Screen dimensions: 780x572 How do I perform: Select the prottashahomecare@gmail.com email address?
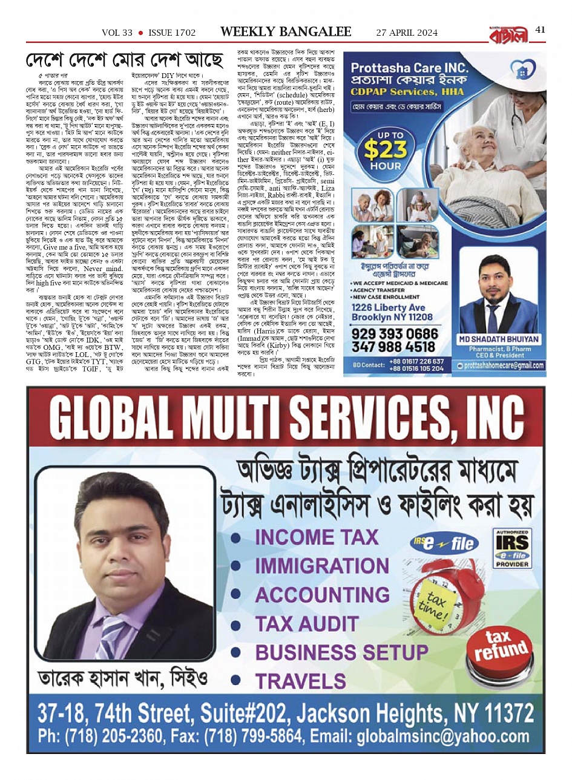504,365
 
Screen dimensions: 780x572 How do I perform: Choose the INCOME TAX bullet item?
316,537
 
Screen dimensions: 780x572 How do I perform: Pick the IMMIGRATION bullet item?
321,566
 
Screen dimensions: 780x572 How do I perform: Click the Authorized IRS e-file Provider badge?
512,549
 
